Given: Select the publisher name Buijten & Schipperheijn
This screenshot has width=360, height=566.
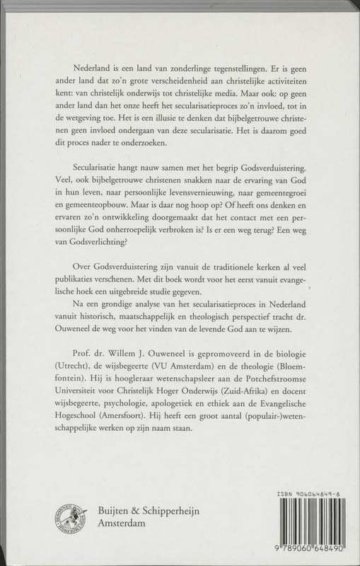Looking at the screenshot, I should tap(134, 507).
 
